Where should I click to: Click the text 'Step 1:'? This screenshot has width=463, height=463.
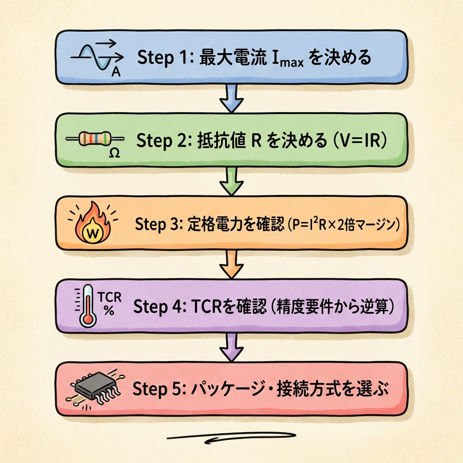coord(161,58)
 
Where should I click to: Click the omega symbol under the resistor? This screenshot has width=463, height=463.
coord(114,153)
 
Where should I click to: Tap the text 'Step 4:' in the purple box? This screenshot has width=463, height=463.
coord(160,307)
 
